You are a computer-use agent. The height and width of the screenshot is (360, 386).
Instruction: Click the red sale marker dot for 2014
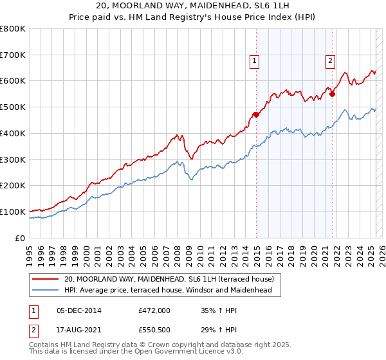click(x=256, y=114)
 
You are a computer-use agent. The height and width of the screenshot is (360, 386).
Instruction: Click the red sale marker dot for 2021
click(x=333, y=94)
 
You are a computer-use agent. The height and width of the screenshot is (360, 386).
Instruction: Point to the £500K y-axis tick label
click(x=12, y=107)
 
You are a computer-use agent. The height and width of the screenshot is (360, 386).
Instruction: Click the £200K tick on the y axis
click(x=12, y=186)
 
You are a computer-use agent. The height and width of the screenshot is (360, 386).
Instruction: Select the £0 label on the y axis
click(x=21, y=238)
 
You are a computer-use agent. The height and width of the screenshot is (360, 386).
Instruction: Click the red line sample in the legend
click(x=46, y=279)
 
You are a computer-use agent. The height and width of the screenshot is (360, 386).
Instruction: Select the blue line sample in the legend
click(x=46, y=290)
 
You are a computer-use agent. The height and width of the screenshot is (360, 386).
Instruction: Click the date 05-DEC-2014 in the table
click(x=79, y=310)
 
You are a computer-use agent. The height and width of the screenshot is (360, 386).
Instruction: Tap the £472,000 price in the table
click(x=154, y=310)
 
